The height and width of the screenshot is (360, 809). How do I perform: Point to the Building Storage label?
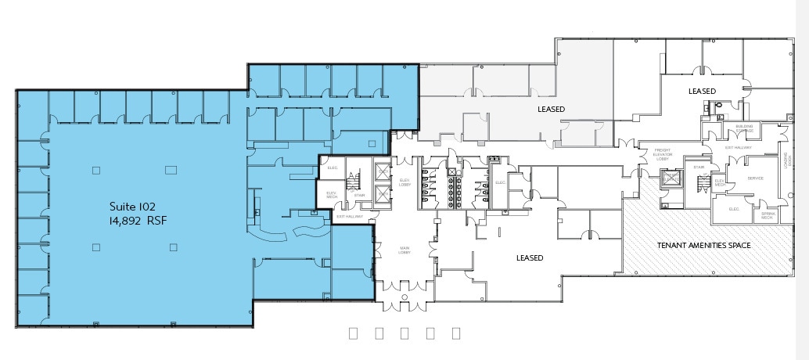click(x=744, y=128)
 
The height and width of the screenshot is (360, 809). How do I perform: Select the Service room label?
click(x=755, y=178)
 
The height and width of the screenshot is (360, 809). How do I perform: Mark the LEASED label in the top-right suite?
click(x=701, y=91)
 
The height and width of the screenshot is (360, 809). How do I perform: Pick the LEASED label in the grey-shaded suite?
click(x=551, y=109)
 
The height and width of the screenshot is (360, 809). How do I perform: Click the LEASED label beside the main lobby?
click(x=530, y=257)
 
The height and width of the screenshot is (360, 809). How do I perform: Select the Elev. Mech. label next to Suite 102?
click(x=331, y=194)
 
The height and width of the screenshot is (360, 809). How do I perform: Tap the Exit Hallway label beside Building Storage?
click(x=739, y=147)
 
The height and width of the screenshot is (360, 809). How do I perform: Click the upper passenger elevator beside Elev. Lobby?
click(x=381, y=172)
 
